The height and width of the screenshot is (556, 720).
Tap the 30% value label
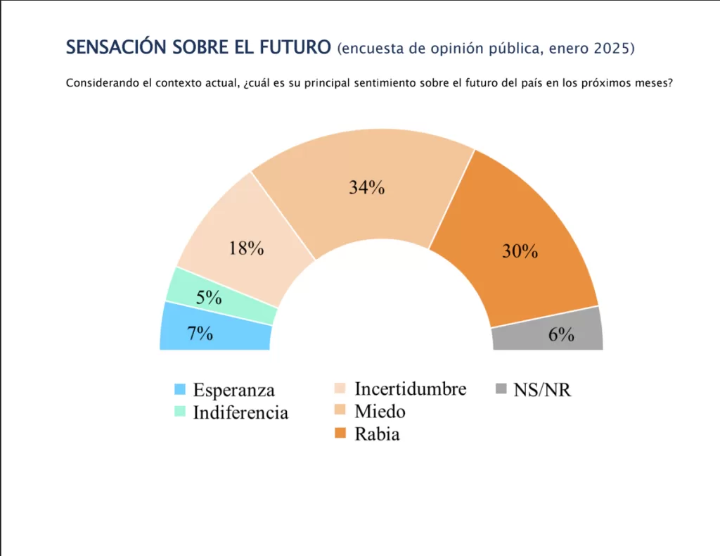(x=520, y=251)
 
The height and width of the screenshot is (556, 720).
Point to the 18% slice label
(x=246, y=248)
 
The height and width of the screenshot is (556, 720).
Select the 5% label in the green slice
(x=209, y=298)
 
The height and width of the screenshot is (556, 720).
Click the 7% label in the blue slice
(x=200, y=334)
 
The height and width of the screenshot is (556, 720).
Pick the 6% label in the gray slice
(x=561, y=335)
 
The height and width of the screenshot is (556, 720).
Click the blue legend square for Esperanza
(x=180, y=390)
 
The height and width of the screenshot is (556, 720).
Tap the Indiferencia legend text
(x=240, y=412)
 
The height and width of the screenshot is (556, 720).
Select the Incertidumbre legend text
(x=410, y=388)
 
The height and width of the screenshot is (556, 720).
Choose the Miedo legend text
(x=380, y=411)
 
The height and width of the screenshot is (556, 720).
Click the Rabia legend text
(x=377, y=434)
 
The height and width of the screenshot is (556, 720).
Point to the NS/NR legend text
(x=542, y=390)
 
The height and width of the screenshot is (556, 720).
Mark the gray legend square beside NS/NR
(x=501, y=389)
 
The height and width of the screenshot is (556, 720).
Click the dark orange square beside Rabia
(x=341, y=434)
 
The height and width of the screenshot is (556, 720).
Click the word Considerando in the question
(x=101, y=83)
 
